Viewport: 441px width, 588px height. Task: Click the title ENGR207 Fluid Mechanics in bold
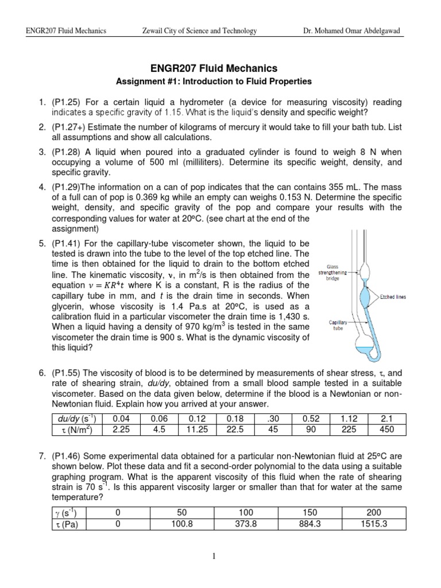[x=220, y=69]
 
